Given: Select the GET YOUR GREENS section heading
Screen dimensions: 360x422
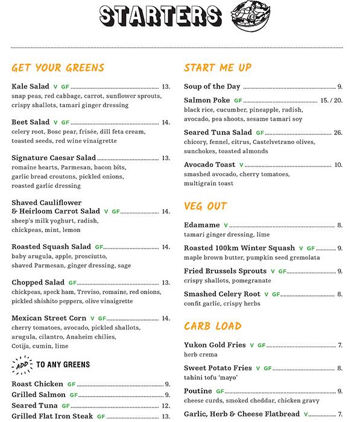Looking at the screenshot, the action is click(58, 68).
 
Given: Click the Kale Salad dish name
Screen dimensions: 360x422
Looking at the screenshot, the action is click(30, 87).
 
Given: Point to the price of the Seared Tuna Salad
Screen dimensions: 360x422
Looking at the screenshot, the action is click(338, 133).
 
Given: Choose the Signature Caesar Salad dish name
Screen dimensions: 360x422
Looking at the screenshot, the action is click(54, 158).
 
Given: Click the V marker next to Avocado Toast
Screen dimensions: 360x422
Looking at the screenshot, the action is click(241, 165).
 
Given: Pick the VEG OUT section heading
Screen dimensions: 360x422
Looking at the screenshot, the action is click(205, 207).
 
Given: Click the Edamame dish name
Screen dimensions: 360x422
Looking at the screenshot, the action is click(201, 225).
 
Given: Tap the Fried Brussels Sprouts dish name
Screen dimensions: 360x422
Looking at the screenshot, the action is click(225, 271).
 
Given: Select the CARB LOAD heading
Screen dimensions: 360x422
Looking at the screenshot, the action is click(212, 327).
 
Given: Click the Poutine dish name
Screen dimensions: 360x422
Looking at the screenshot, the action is click(198, 391).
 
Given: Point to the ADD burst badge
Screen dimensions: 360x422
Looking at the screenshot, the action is click(21, 364).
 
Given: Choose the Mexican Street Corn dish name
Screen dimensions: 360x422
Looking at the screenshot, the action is click(49, 318).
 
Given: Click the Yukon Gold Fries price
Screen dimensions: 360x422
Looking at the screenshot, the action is click(340, 345).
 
